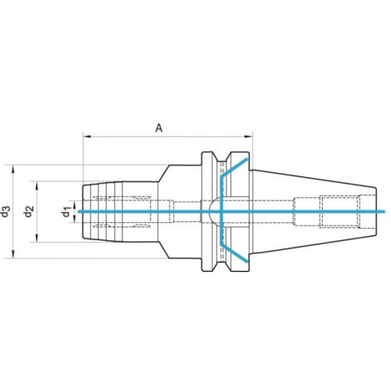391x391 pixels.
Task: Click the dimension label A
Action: click(159, 128)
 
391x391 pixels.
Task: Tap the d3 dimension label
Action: click(6, 211)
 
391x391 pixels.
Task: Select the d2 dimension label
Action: click(28, 211)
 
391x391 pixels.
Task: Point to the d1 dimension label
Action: click(66, 212)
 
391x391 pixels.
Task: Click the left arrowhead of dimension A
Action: click(87, 136)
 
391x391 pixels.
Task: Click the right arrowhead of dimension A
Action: click(249, 136)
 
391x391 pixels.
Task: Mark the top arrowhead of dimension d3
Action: click(13, 169)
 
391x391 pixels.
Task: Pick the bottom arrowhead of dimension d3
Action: click(13, 255)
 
